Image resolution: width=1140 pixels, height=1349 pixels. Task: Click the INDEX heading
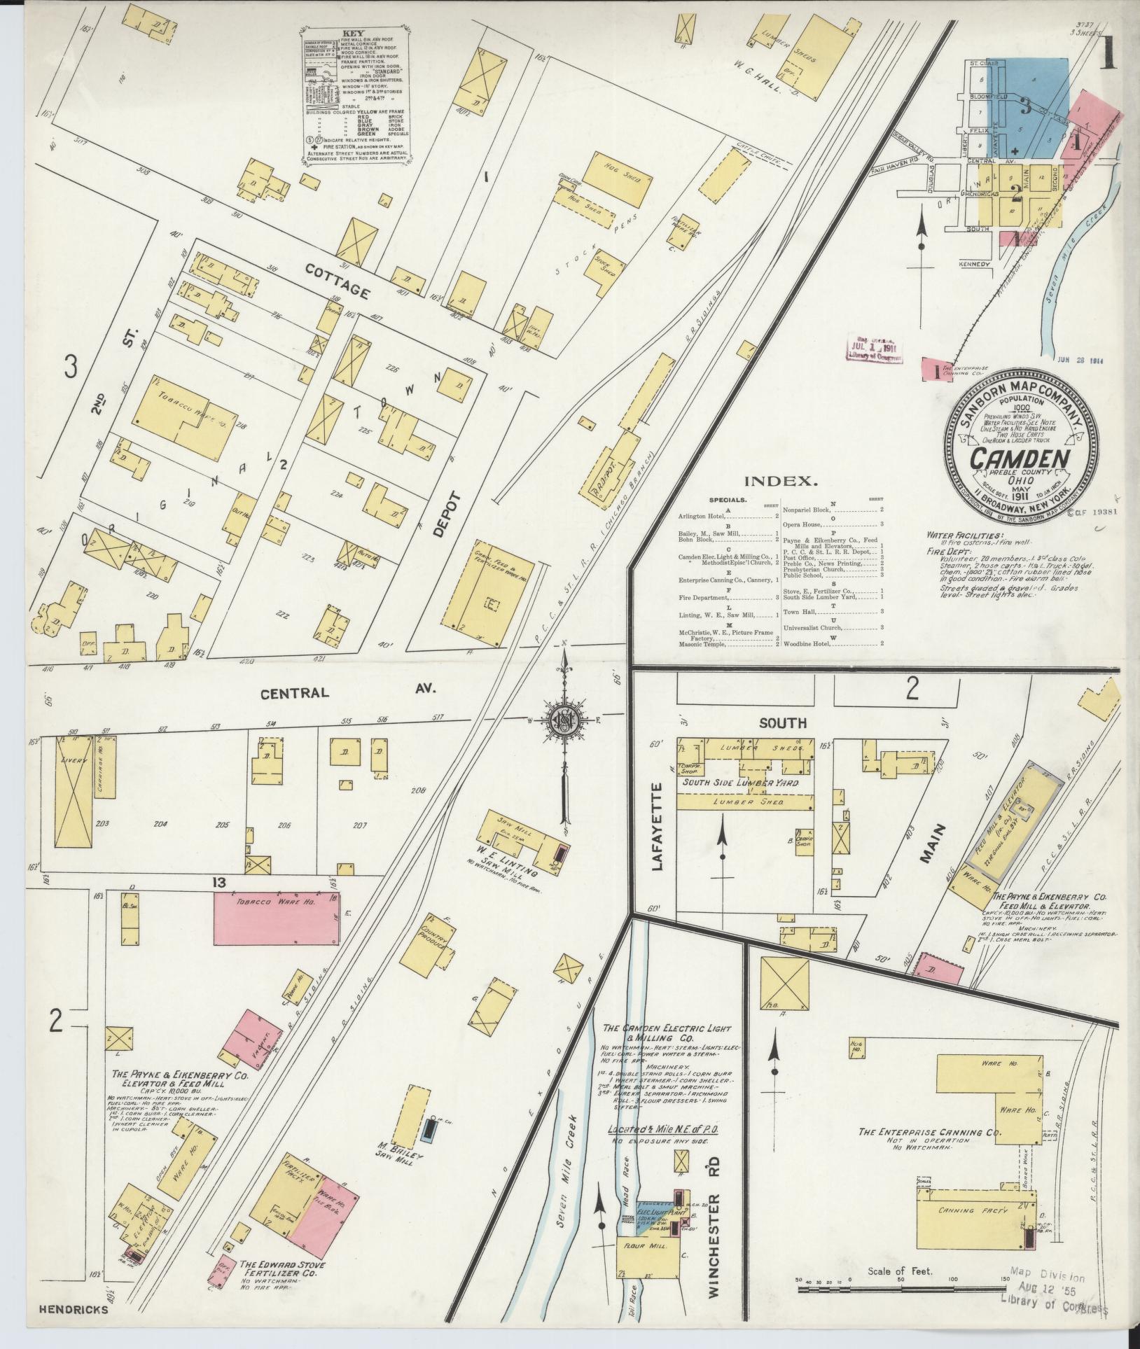pyautogui.click(x=779, y=482)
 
